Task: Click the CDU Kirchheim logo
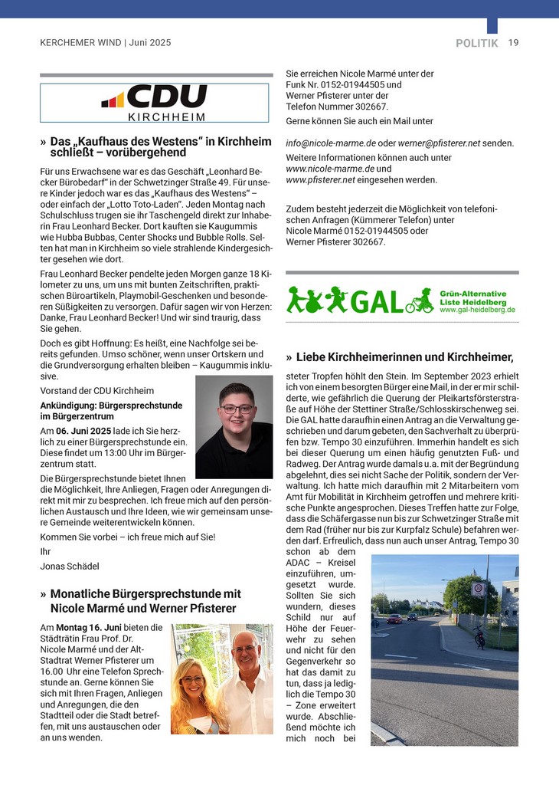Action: pyautogui.click(x=155, y=103)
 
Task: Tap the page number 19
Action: pyautogui.click(x=513, y=43)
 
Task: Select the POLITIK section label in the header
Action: pyautogui.click(x=476, y=44)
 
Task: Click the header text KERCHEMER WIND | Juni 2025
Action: pyautogui.click(x=106, y=44)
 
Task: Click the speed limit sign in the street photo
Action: pyautogui.click(x=478, y=589)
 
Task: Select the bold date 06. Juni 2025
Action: pyautogui.click(x=81, y=432)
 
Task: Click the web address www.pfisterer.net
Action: pyautogui.click(x=320, y=180)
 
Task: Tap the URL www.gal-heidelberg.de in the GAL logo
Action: pyautogui.click(x=478, y=310)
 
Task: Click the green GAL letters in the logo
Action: pyautogui.click(x=377, y=302)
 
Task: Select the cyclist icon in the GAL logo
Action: pyautogui.click(x=420, y=301)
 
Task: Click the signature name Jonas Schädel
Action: pyautogui.click(x=69, y=566)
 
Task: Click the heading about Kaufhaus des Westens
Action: pyautogui.click(x=160, y=147)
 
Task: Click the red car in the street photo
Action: pyautogui.click(x=394, y=618)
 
